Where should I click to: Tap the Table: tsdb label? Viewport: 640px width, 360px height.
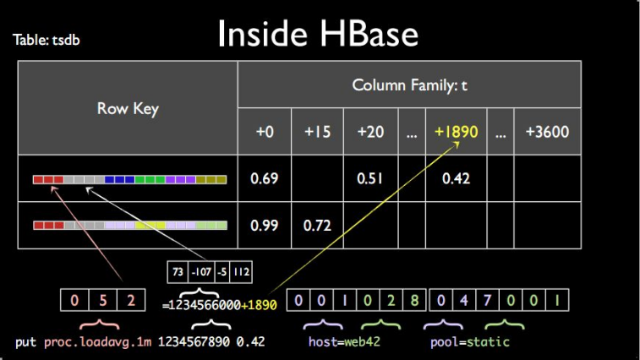point(47,40)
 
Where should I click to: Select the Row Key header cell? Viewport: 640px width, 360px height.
point(128,109)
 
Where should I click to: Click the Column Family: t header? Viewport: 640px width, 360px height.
point(408,85)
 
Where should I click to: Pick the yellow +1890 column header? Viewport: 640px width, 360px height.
point(457,133)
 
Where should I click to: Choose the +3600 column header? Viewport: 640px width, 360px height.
point(547,133)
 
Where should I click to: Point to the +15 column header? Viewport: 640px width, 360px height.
point(317,133)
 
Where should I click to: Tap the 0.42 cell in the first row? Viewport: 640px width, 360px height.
point(456,179)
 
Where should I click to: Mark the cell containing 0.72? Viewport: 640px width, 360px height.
point(317,226)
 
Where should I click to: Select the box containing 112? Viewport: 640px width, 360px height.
point(241,273)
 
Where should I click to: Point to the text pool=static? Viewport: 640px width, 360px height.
point(469,342)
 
